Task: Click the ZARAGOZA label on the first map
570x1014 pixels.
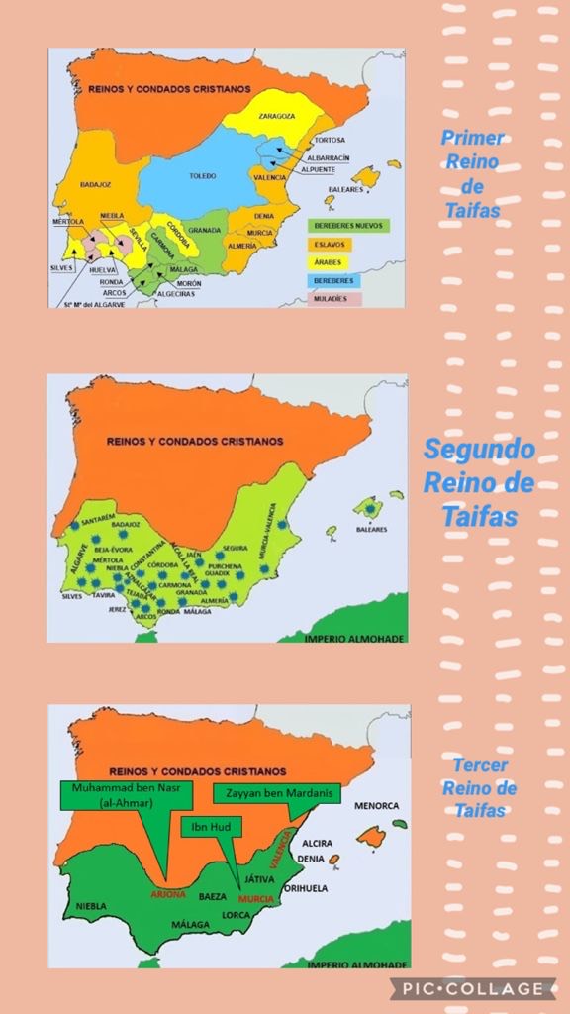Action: (x=277, y=116)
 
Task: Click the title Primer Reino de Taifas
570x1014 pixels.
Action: (x=473, y=174)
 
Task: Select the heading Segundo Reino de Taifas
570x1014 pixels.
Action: (x=479, y=482)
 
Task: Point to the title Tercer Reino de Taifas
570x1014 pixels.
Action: (x=480, y=788)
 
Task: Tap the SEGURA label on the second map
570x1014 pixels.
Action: (x=236, y=548)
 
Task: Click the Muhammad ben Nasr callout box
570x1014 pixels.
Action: (x=110, y=796)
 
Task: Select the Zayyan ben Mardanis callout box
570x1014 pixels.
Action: (x=276, y=793)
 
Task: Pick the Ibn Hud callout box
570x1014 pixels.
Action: (x=205, y=824)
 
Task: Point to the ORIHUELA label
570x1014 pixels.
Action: (x=306, y=888)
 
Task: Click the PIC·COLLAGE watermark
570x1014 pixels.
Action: (x=472, y=988)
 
